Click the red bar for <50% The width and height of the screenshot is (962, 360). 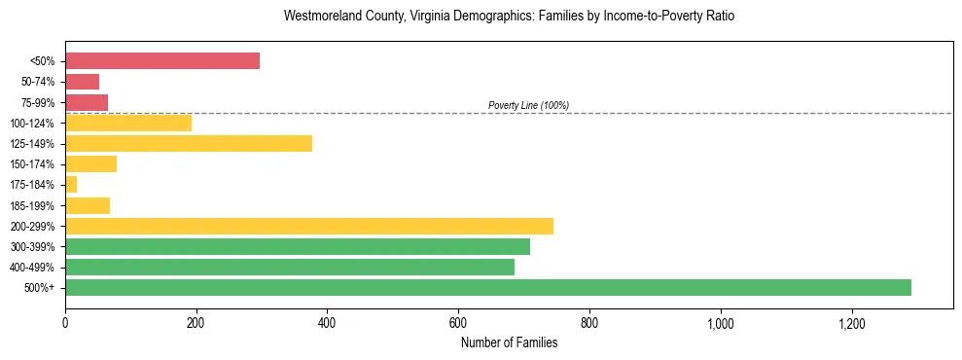pyautogui.click(x=162, y=61)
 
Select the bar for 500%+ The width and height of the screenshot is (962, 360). pyautogui.click(x=487, y=287)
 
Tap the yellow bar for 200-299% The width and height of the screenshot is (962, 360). pyautogui.click(x=308, y=226)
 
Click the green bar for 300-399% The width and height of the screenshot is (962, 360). pyautogui.click(x=297, y=246)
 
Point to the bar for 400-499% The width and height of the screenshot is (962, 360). pyautogui.click(x=289, y=267)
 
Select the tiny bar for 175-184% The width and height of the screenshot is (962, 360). pyautogui.click(x=71, y=185)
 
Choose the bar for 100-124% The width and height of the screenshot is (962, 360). pyautogui.click(x=128, y=124)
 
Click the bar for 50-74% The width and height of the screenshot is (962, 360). pyautogui.click(x=82, y=82)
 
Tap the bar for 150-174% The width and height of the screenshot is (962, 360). pyautogui.click(x=90, y=164)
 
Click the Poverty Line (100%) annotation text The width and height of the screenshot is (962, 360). pyautogui.click(x=528, y=105)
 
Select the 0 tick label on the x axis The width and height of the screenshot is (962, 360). pyautogui.click(x=65, y=323)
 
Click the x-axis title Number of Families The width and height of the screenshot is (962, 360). pyautogui.click(x=509, y=342)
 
